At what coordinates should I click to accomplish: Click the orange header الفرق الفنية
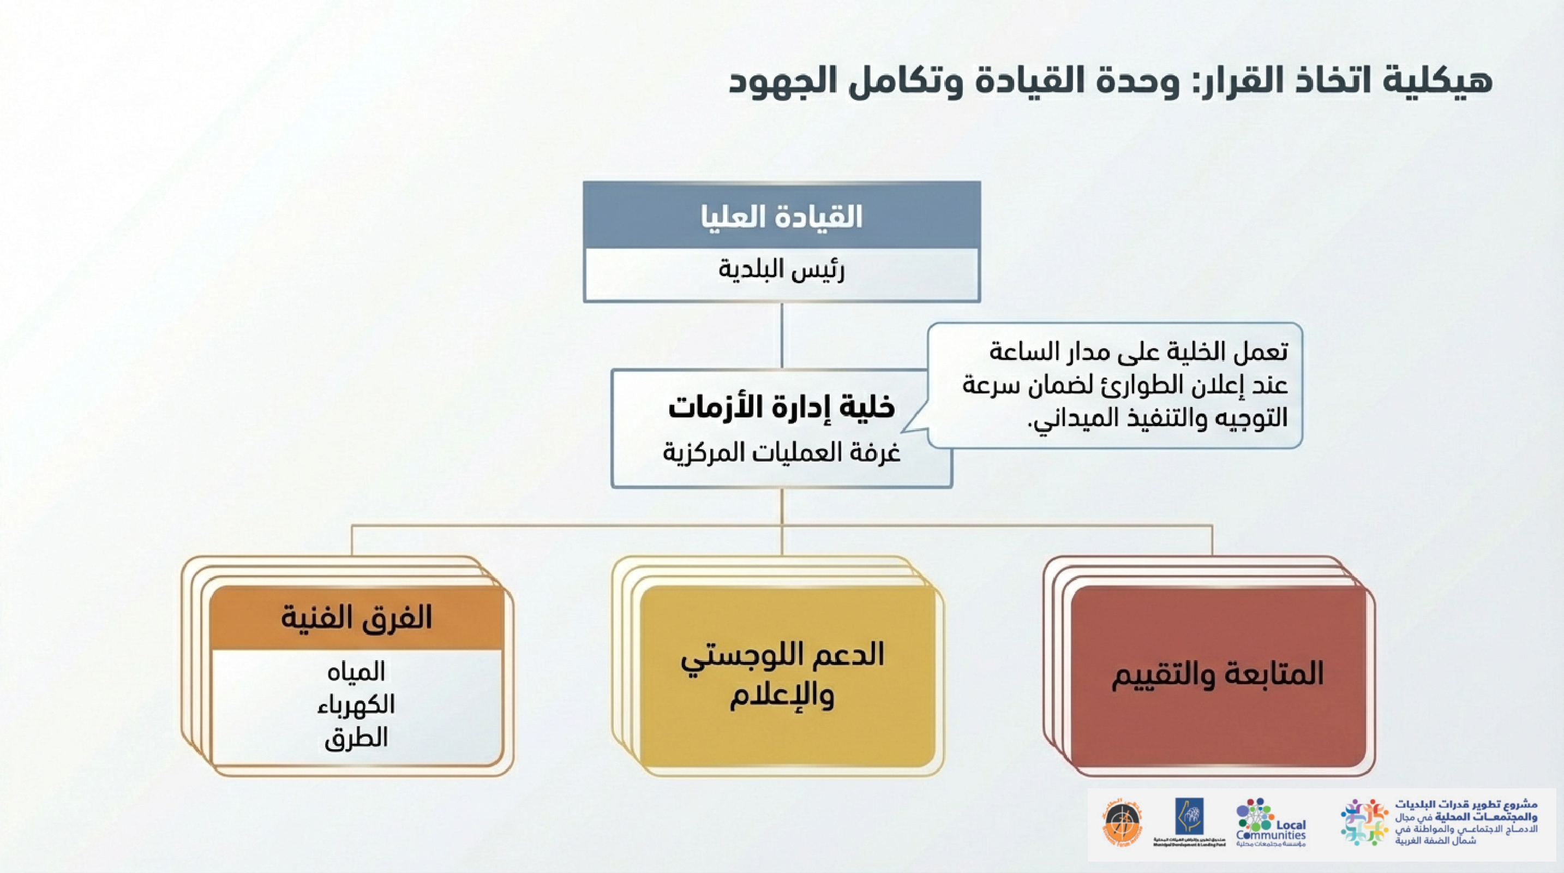356,618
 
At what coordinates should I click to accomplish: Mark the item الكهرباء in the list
356,705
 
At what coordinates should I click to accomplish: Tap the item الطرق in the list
356,738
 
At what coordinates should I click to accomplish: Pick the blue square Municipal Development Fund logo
1189,817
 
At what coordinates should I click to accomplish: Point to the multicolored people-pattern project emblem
1364,822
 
